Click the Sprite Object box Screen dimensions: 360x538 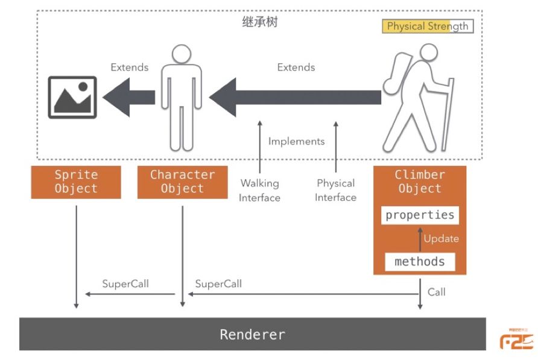76,182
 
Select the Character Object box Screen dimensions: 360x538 182,182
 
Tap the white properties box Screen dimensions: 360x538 420,215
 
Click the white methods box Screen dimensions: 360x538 420,262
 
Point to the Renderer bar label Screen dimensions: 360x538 252,334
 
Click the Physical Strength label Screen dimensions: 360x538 427,27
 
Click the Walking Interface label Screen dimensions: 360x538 260,190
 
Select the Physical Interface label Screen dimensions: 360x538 336,190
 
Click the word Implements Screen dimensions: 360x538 296,141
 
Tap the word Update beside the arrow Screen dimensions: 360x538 441,239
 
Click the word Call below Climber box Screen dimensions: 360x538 437,292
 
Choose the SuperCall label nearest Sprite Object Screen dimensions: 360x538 125,283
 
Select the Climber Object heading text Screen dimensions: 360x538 420,182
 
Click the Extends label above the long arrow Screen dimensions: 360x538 296,67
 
